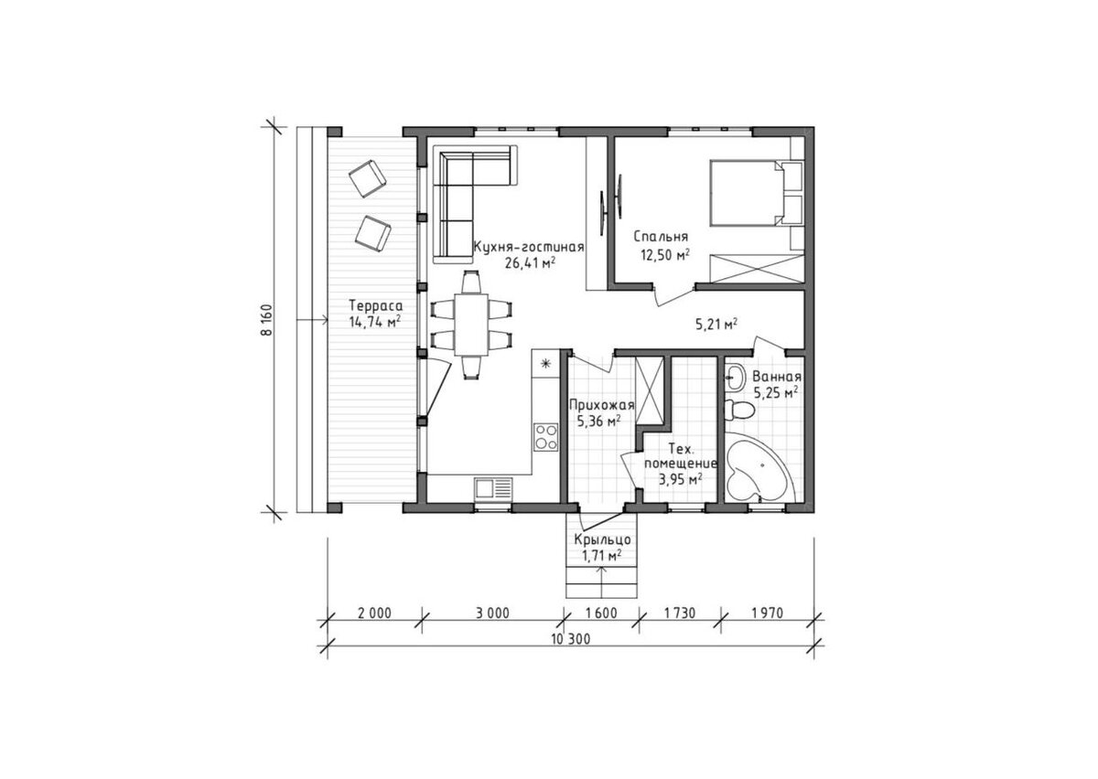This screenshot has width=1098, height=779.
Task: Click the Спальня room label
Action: click(x=661, y=237)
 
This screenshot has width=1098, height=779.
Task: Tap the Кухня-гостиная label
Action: click(x=529, y=247)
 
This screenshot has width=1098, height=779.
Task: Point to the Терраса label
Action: click(x=376, y=305)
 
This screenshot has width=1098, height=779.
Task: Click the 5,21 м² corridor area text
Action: click(x=716, y=324)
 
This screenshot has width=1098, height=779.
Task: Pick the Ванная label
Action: click(x=777, y=377)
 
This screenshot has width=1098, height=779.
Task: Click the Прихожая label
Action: click(x=601, y=405)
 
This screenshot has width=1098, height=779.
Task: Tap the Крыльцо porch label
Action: click(x=602, y=540)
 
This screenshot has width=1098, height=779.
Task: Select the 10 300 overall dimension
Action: click(x=571, y=639)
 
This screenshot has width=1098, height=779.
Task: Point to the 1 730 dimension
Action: click(x=679, y=613)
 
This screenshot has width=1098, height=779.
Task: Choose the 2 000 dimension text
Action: click(x=374, y=613)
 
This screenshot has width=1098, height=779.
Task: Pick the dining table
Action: click(x=471, y=325)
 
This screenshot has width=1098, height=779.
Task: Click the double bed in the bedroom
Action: click(x=755, y=194)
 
